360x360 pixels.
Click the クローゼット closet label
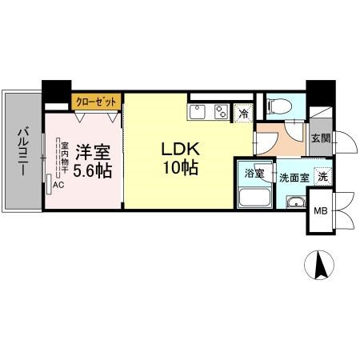pyautogui.click(x=96, y=102)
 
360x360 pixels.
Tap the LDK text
pyautogui.click(x=181, y=149)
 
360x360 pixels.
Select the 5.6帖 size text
pyautogui.click(x=92, y=171)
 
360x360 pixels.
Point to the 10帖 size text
pyautogui.click(x=181, y=168)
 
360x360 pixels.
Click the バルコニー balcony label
pyautogui.click(x=23, y=152)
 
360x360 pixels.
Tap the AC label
pyautogui.click(x=58, y=185)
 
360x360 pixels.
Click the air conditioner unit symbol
pyautogui.click(x=49, y=184)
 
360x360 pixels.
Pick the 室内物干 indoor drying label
pyautogui.click(x=65, y=158)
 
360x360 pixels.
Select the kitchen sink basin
pyautogui.click(x=198, y=111)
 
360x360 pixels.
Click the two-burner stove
pyautogui.click(x=222, y=112)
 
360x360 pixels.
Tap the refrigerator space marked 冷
pyautogui.click(x=243, y=113)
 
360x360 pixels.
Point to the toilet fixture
pyautogui.click(x=279, y=106)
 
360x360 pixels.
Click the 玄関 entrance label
pyautogui.click(x=321, y=138)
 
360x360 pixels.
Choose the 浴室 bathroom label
pyautogui.click(x=254, y=174)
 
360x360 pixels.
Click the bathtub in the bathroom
pyautogui.click(x=255, y=197)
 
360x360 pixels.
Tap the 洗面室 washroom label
pyautogui.click(x=294, y=178)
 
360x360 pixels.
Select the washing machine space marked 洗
pyautogui.click(x=323, y=177)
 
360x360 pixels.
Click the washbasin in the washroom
pyautogui.click(x=296, y=202)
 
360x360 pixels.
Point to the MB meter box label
pyautogui.click(x=320, y=211)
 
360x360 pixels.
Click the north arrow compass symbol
pyautogui.click(x=319, y=265)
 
